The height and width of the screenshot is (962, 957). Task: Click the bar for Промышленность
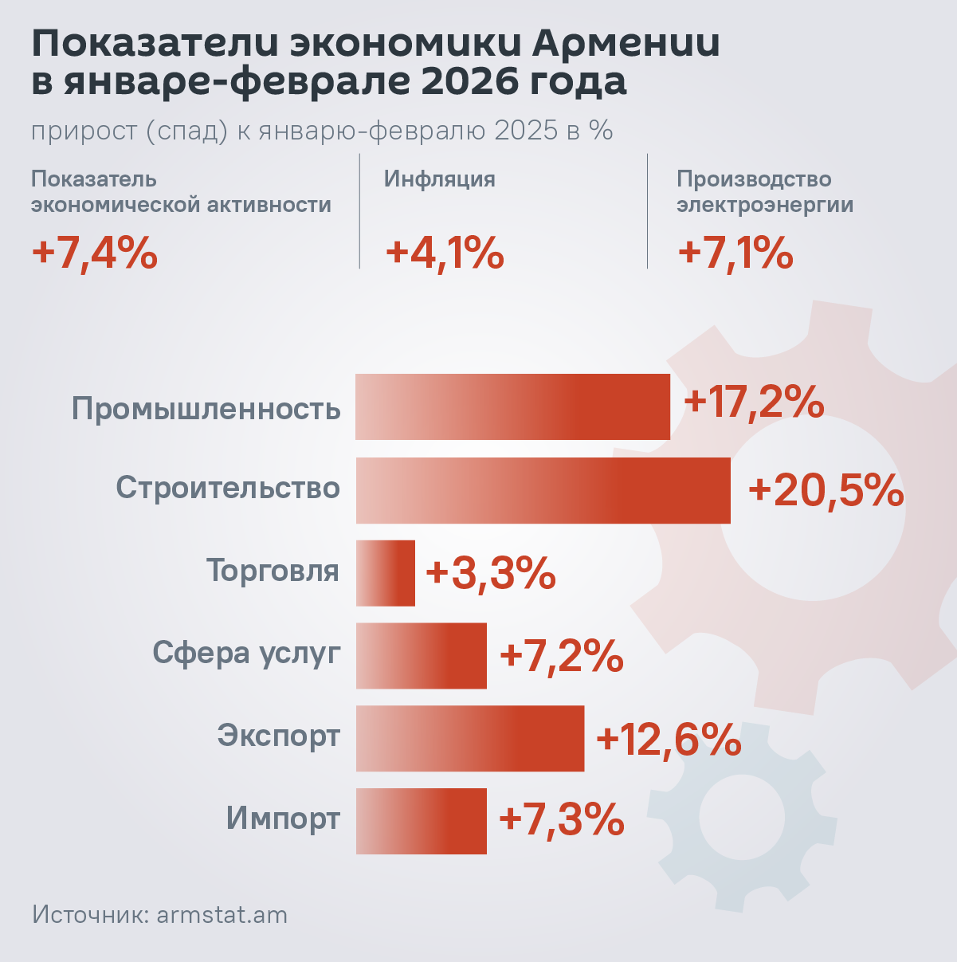tap(512, 406)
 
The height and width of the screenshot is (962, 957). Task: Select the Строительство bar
tap(543, 490)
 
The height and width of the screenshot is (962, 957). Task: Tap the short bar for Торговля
tap(386, 573)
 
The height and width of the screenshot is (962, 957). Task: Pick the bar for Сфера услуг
tap(421, 655)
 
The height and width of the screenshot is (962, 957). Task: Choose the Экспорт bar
tap(469, 738)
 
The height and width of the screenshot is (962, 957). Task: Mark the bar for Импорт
tap(421, 821)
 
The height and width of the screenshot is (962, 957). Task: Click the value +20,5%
tap(826, 490)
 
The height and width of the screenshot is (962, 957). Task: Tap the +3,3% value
tap(491, 573)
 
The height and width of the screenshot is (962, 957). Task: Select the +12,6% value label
tap(669, 740)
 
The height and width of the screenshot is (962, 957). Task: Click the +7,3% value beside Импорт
tap(561, 819)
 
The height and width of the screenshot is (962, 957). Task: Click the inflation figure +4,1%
tap(445, 253)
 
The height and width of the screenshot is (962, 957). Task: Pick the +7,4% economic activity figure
tap(94, 253)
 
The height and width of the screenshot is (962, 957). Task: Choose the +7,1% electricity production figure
tap(735, 253)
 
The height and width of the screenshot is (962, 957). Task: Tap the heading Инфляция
tap(440, 179)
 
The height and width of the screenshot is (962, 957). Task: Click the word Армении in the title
tap(626, 44)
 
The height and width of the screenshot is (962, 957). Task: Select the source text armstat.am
tap(222, 914)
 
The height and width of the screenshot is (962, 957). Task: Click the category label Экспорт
tap(279, 735)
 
